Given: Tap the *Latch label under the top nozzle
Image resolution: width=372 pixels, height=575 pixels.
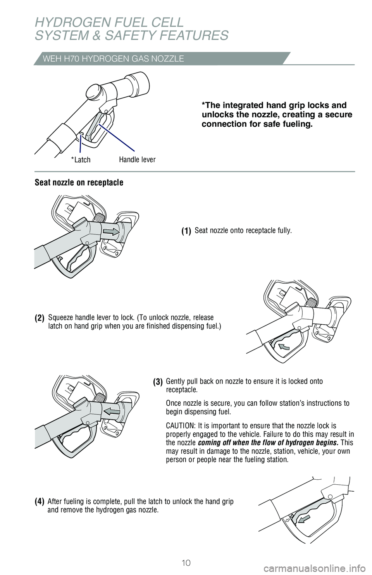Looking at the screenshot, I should click(81, 160).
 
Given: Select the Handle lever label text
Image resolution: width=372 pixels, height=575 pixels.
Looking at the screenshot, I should click(137, 160).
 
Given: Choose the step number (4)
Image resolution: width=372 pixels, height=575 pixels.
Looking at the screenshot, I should click(40, 502).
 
